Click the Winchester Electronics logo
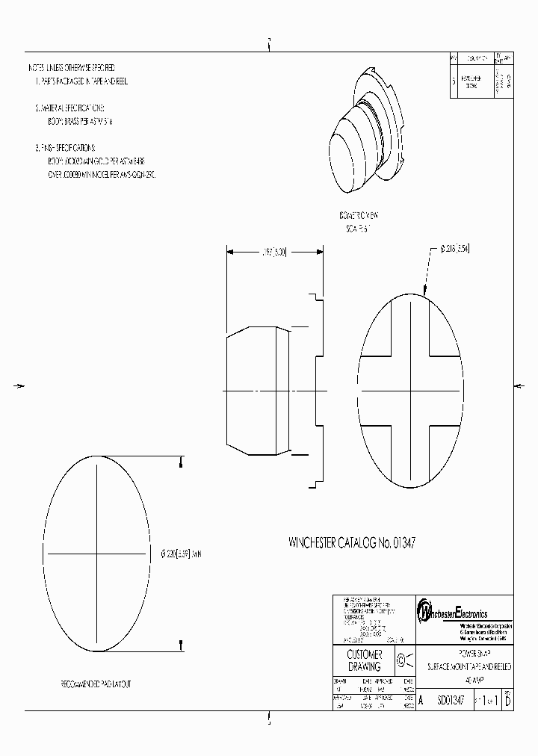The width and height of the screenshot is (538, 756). point(453,611)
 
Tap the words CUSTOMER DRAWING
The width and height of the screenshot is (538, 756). point(365,660)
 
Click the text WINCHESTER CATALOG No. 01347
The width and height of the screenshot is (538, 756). point(352,542)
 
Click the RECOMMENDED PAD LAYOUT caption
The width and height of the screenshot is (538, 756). point(98,684)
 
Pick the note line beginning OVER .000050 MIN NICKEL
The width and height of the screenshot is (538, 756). point(101,174)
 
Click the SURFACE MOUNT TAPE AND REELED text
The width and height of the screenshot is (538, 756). point(469,666)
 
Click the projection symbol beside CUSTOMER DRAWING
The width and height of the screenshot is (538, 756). point(403,660)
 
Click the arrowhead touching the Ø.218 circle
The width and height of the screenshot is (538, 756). point(424,294)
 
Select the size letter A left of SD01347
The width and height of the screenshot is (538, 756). point(421,701)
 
